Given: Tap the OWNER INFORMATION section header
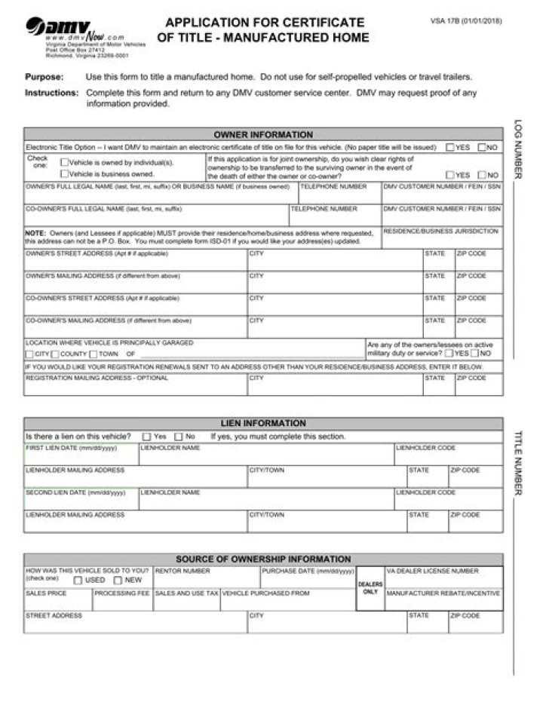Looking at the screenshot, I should point(262,135).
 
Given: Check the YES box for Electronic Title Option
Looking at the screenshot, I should point(449,148).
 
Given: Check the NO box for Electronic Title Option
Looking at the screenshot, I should point(482,148).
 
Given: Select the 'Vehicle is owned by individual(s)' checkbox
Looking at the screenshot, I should point(64,162).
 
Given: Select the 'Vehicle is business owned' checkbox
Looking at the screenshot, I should point(64,173).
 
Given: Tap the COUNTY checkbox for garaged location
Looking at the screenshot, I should point(55,354).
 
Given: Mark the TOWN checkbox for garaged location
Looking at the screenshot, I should point(93,354).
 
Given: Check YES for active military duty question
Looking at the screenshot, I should point(449,353).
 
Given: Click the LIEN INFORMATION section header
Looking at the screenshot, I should point(262,423).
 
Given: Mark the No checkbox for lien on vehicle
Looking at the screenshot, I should point(179,437).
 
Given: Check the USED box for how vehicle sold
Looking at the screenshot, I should point(78,581).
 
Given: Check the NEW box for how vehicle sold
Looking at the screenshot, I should point(118,581).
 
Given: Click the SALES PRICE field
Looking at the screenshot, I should point(58,602).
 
